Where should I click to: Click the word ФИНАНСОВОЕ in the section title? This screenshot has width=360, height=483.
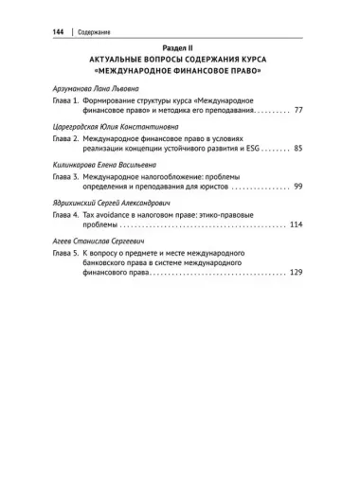(210, 71)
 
